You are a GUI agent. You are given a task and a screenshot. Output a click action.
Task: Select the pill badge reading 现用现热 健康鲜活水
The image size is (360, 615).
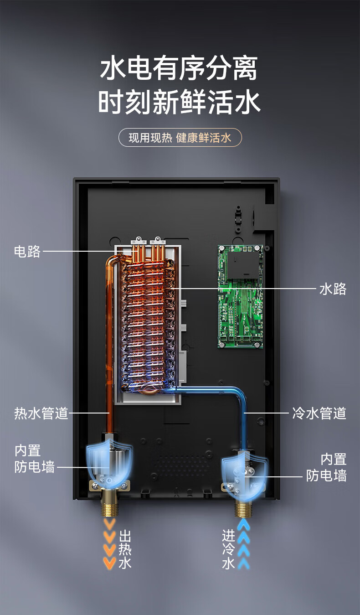(x=180, y=138)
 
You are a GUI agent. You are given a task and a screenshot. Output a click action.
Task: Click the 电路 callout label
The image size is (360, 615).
(x=27, y=251)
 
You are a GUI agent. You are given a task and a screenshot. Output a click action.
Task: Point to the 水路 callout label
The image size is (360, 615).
(x=333, y=289)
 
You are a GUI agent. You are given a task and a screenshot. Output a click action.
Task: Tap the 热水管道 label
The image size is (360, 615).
(x=41, y=413)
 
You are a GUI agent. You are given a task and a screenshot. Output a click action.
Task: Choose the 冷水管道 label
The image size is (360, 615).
(x=319, y=413)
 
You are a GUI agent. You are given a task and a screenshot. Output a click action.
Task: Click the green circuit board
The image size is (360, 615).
(x=240, y=297)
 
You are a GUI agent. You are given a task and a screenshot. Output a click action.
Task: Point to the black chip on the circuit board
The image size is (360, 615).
(x=243, y=264)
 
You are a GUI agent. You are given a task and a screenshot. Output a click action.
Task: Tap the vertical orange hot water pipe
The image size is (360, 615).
(x=109, y=343)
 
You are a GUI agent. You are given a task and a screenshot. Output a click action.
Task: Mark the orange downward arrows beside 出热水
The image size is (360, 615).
(x=109, y=543)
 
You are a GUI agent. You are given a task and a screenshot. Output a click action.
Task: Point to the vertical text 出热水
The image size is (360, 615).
(x=125, y=549)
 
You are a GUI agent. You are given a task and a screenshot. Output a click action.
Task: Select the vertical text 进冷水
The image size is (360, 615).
(x=229, y=549)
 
